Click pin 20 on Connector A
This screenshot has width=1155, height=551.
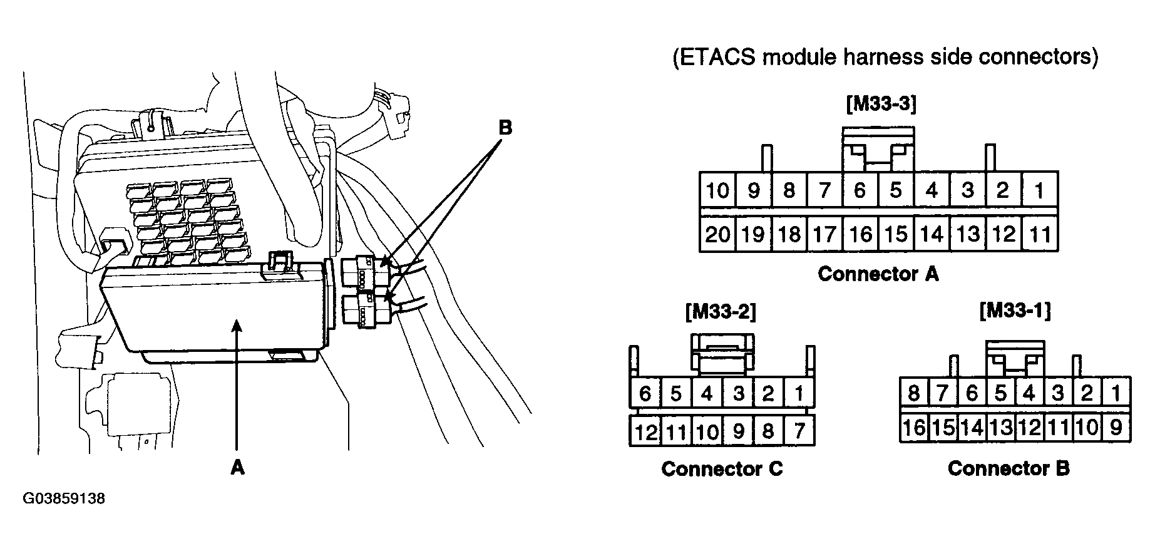pyautogui.click(x=717, y=234)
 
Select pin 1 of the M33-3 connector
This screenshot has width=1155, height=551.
pyautogui.click(x=1040, y=190)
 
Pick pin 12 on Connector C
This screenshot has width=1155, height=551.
pyautogui.click(x=645, y=431)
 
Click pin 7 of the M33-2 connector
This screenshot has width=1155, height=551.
pyautogui.click(x=799, y=431)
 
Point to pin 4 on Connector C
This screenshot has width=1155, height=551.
pyautogui.click(x=707, y=394)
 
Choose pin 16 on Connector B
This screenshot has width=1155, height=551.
pyautogui.click(x=914, y=428)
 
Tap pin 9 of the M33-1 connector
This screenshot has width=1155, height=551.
pyautogui.click(x=1116, y=428)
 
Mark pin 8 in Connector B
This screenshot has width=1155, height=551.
pyautogui.click(x=914, y=393)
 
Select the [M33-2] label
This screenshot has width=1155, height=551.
pyautogui.click(x=721, y=312)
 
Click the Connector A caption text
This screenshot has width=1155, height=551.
pyautogui.click(x=878, y=274)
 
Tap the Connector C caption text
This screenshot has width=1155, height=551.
pyautogui.click(x=722, y=469)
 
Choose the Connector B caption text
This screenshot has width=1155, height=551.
pyautogui.click(x=1009, y=468)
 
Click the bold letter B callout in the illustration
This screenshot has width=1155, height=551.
pyautogui.click(x=505, y=128)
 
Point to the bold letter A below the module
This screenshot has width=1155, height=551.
pyautogui.click(x=237, y=467)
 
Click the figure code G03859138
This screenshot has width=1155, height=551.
pyautogui.click(x=64, y=499)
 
